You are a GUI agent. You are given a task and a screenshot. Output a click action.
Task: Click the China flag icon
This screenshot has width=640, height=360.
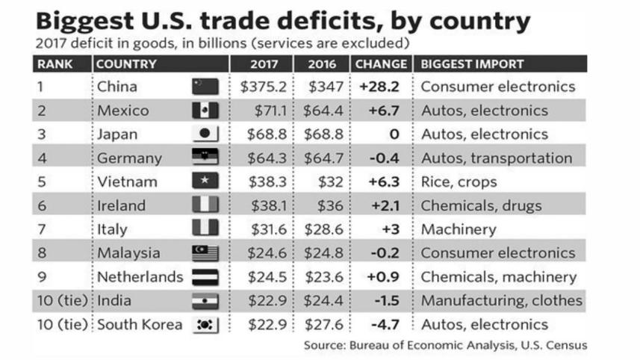(x=205, y=87)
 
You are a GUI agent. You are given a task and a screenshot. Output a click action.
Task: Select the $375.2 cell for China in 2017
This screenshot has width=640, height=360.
(x=264, y=87)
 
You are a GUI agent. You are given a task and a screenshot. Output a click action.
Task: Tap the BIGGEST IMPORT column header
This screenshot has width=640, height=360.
(x=473, y=64)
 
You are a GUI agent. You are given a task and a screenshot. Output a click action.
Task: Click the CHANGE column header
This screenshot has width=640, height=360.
(x=381, y=64)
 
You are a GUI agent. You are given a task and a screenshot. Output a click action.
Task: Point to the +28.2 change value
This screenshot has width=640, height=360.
(x=379, y=87)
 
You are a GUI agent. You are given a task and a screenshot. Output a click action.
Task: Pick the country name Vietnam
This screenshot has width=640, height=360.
(x=126, y=181)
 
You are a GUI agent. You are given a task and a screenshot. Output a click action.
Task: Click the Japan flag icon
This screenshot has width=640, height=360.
(x=205, y=134)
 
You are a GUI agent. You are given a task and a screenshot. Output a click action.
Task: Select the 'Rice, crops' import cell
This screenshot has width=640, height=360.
(x=459, y=181)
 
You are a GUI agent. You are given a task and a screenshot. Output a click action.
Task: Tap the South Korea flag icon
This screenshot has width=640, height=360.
(x=205, y=325)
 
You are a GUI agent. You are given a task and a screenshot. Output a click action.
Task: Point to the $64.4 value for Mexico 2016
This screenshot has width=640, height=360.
(x=325, y=111)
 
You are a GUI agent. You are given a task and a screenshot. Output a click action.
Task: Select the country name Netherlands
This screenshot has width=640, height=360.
(x=140, y=277)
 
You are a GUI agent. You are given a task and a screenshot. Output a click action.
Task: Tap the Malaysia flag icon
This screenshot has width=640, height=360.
(x=205, y=253)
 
